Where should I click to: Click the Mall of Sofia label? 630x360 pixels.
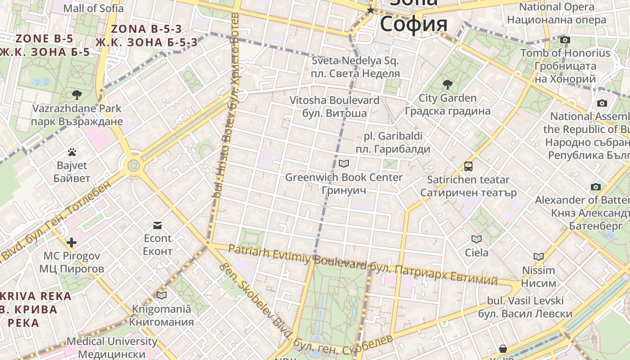[x=93, y=8]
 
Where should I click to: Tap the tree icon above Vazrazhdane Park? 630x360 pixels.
[x=77, y=94]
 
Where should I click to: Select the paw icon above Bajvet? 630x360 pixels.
[x=72, y=152]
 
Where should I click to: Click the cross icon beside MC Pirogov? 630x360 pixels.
[x=72, y=243]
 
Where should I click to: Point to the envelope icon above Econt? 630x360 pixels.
[x=157, y=225]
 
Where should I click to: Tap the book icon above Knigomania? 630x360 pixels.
[x=161, y=296]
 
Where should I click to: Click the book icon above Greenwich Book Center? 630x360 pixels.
[x=344, y=164]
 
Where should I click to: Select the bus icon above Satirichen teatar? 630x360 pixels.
[x=468, y=166]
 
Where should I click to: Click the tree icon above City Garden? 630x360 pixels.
[x=447, y=84]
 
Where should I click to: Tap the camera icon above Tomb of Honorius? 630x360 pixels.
[x=565, y=40]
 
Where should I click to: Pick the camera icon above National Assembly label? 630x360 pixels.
[x=602, y=103]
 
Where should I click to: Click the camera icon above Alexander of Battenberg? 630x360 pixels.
[x=596, y=187]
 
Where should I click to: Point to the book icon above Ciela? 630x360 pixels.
[x=477, y=239]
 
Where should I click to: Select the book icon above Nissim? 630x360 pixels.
[x=539, y=257]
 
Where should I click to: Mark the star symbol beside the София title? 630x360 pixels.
[x=370, y=10]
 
